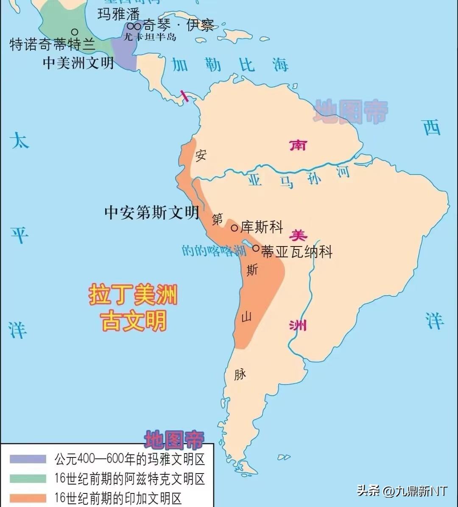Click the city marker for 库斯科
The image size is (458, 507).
[x=234, y=228]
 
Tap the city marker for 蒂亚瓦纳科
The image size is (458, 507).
[x=256, y=248]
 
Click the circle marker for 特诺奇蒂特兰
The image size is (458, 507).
[x=75, y=31]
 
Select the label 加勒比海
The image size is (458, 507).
[x=229, y=65]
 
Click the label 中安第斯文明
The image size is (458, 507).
[x=151, y=212]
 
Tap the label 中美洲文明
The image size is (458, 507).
[x=78, y=63]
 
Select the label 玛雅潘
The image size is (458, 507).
[x=119, y=14]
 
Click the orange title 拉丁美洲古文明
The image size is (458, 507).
[x=133, y=308]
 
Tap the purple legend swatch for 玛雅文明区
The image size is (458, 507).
[x=28, y=459]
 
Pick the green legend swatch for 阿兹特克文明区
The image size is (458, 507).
[x=28, y=479]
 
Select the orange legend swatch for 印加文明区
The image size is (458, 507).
[x=28, y=498]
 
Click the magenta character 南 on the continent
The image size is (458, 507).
[x=298, y=145]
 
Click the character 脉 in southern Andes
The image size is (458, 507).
[x=240, y=374]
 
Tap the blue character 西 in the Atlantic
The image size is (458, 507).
[x=432, y=127]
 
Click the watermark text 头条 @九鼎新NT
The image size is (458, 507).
[x=402, y=491]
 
